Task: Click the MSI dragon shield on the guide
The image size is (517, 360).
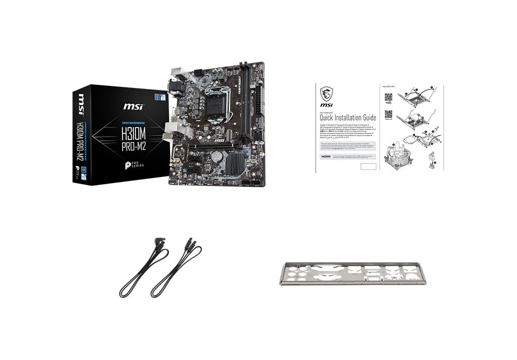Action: click(x=326, y=96)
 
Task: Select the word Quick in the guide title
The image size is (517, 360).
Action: click(x=329, y=117)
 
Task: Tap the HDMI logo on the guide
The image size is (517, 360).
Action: click(x=325, y=155)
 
